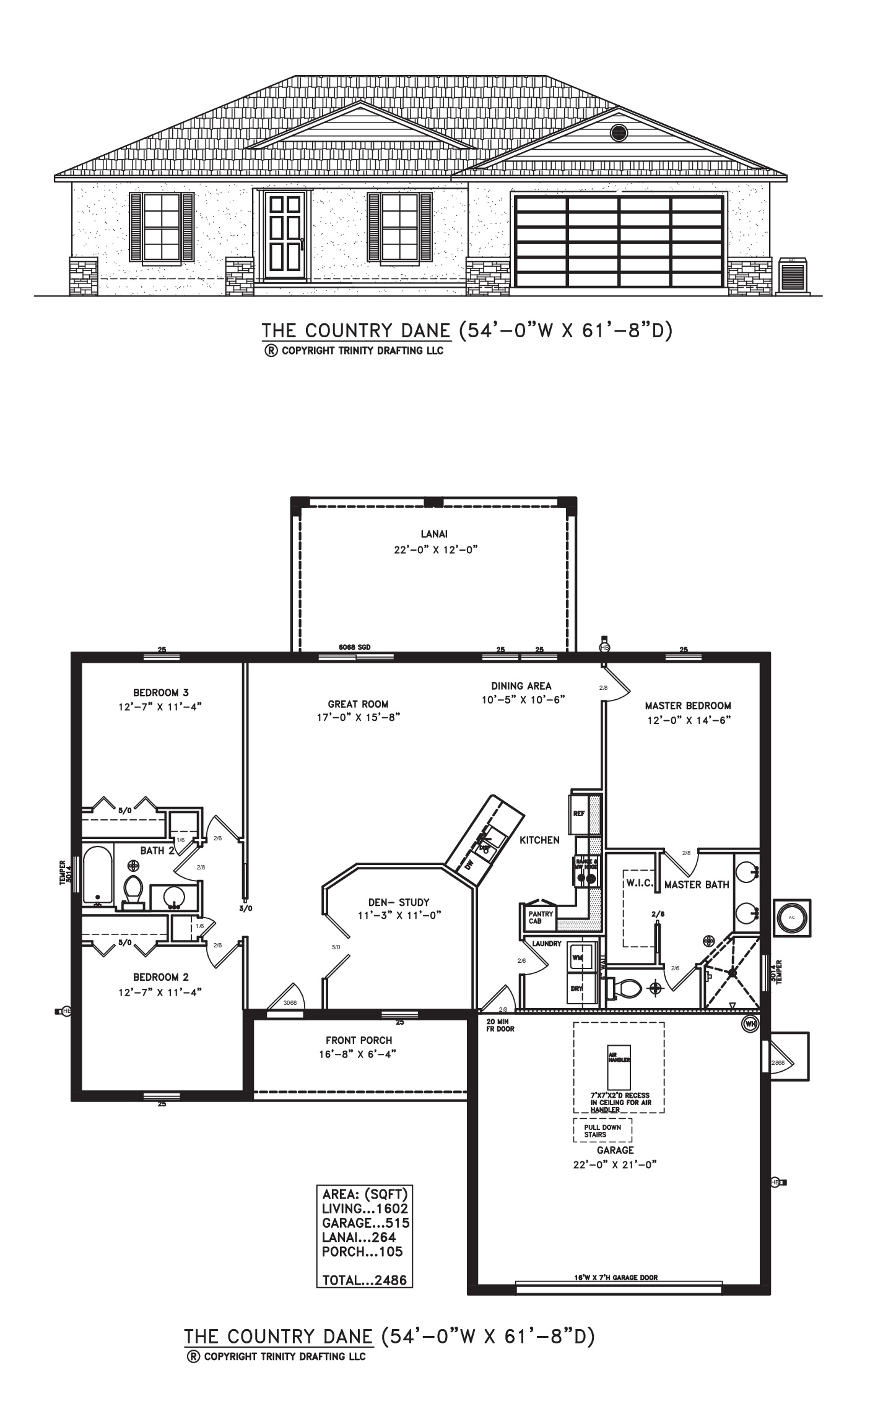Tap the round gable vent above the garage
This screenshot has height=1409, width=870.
pos(619,132)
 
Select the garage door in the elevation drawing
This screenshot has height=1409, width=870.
pos(619,241)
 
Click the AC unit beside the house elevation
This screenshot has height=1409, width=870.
pos(793,275)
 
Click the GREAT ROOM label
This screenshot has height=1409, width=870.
pos(358,704)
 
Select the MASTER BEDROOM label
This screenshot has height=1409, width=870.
pos(687,705)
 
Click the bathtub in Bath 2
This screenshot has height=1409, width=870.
pos(98,875)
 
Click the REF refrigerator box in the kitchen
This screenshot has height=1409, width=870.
pos(579,814)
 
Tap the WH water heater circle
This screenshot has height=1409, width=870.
pos(750,1024)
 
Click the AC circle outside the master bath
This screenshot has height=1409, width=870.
pos(791,917)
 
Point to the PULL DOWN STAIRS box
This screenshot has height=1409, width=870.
pos(602,1131)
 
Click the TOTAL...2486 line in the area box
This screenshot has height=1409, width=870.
pos(364,1280)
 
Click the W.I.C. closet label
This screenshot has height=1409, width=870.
pos(639,883)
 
